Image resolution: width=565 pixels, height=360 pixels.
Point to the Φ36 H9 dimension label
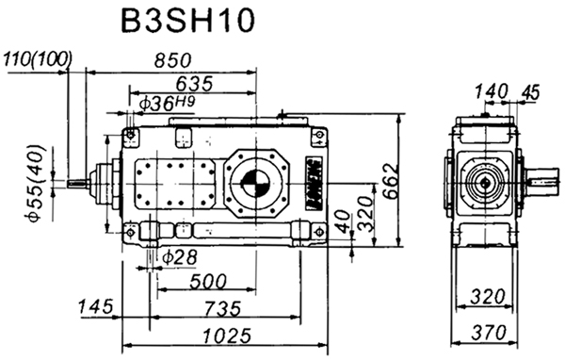click(166, 102)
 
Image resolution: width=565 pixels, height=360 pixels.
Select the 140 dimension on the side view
click(490, 90)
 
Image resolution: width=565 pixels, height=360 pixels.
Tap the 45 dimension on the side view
click(529, 90)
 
